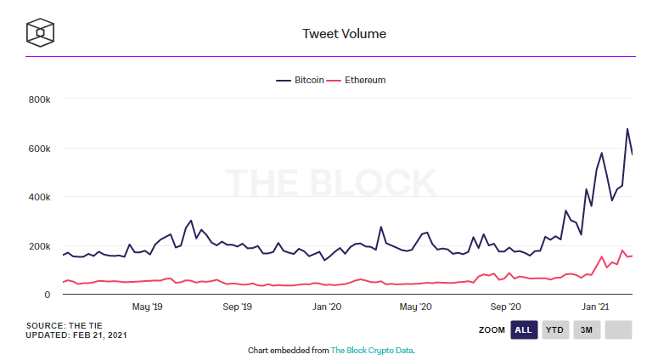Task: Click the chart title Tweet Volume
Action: click(345, 34)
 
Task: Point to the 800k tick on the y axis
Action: click(40, 99)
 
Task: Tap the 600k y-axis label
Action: click(40, 149)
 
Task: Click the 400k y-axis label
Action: click(40, 197)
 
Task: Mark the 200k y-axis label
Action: click(40, 246)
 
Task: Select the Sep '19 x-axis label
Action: click(237, 307)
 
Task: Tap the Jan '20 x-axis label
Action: click(327, 307)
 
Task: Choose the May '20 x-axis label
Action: click(415, 307)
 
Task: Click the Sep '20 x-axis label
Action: click(506, 307)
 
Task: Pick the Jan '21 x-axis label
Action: click(595, 307)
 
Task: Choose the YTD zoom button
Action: click(555, 329)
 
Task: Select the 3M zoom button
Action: click(586, 329)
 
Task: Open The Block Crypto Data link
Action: click(371, 350)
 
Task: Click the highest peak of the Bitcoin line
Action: click(627, 129)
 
